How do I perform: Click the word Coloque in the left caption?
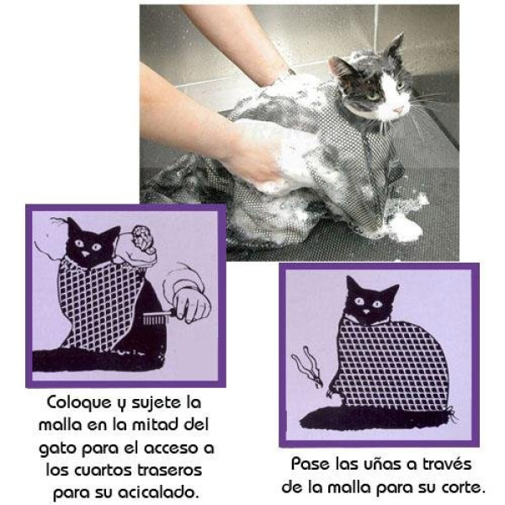coord(77,402)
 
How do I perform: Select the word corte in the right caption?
coord(465,486)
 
